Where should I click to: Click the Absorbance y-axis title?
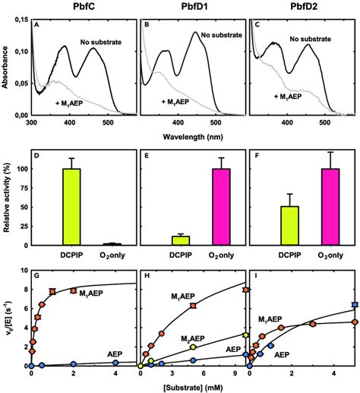(x=7, y=68)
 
